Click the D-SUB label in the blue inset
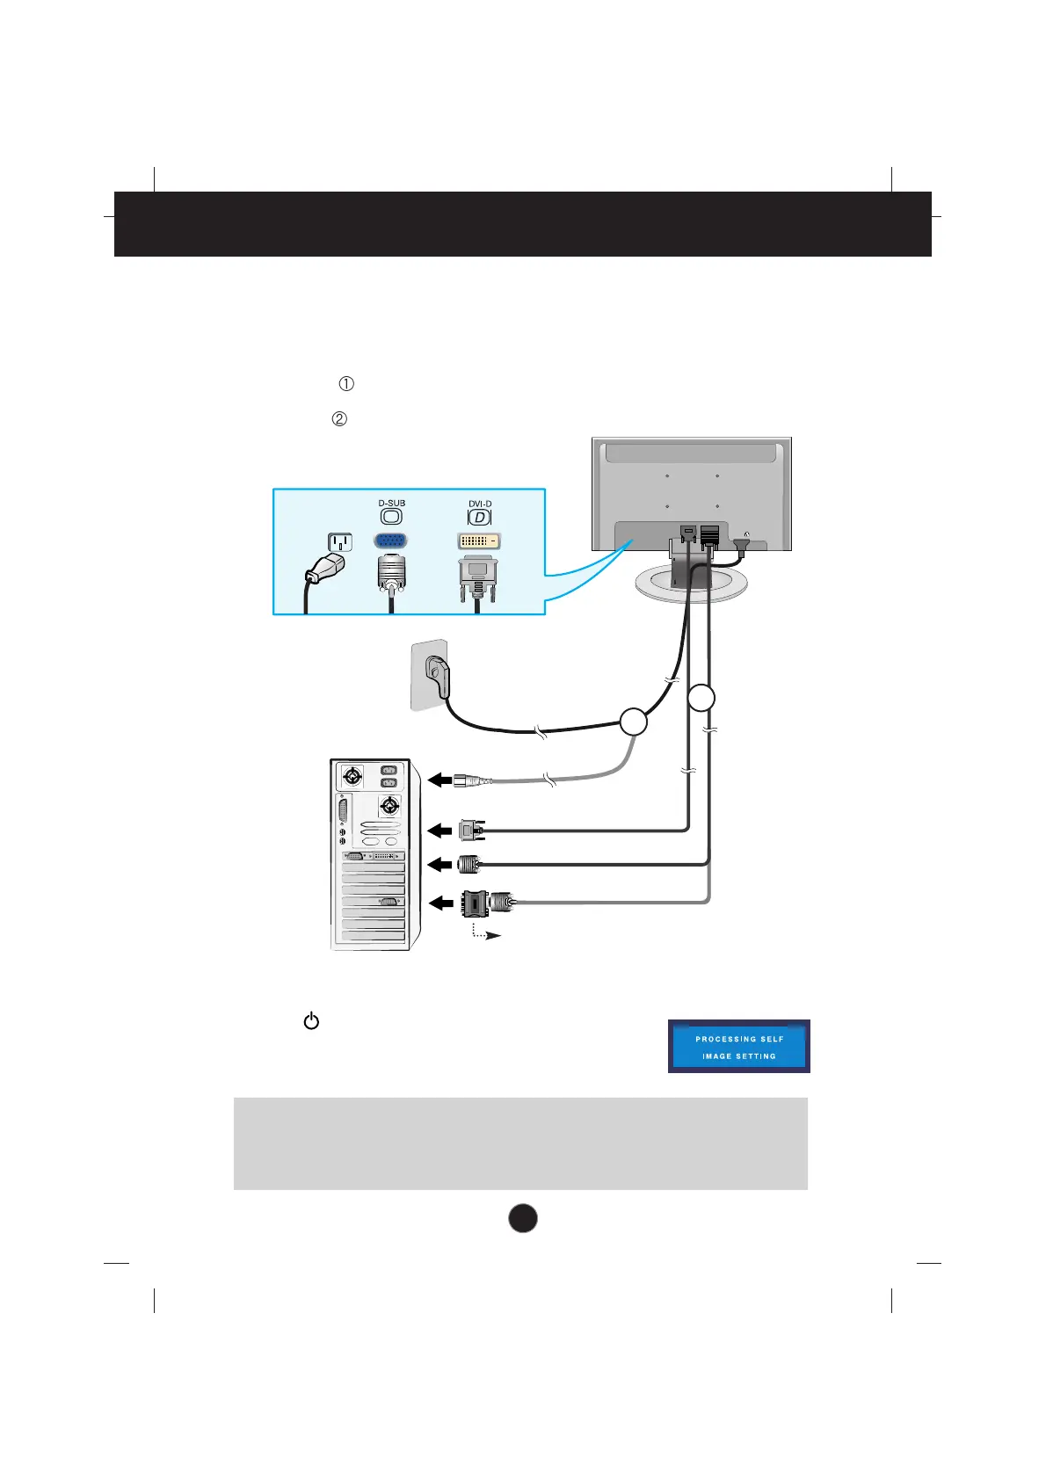click(392, 504)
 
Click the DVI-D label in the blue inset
click(480, 504)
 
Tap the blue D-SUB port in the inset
click(391, 540)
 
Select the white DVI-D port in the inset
click(479, 540)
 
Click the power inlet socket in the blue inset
click(340, 542)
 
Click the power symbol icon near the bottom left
click(311, 1021)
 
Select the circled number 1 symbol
click(346, 384)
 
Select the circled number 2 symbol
click(339, 420)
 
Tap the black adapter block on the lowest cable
click(475, 902)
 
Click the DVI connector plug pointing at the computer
click(471, 829)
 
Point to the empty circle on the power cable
click(634, 722)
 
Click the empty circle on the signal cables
click(701, 699)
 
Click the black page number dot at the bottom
click(523, 1218)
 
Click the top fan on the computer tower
click(352, 777)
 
